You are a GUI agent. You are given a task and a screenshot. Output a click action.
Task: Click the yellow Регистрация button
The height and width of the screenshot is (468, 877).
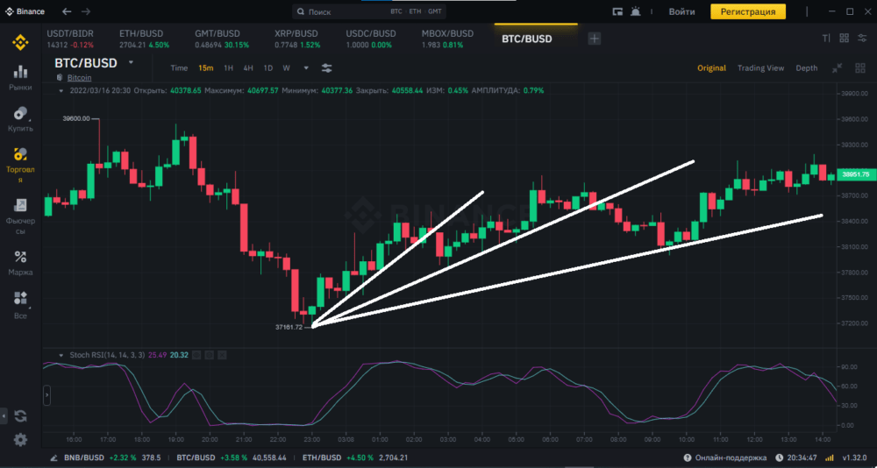[747, 11]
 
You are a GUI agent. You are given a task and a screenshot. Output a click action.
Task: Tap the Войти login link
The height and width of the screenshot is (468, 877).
[681, 11]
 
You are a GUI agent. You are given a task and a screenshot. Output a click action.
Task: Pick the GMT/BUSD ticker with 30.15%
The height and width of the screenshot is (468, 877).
[221, 39]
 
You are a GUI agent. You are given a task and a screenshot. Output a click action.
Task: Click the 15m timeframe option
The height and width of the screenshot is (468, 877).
[205, 67]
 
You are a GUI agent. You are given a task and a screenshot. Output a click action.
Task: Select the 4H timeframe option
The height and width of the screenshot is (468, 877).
[248, 67]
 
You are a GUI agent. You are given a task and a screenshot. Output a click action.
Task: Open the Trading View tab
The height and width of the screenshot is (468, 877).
[760, 67]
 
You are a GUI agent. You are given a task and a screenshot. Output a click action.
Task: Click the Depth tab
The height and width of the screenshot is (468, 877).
[806, 67]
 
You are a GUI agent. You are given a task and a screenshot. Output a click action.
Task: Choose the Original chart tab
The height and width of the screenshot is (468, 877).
[711, 67]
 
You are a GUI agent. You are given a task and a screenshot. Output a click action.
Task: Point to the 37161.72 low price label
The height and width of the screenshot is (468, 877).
[288, 327]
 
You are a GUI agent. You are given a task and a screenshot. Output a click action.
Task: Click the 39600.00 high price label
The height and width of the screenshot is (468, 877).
[76, 118]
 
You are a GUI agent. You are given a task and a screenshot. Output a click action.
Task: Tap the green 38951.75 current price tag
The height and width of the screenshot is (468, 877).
[854, 174]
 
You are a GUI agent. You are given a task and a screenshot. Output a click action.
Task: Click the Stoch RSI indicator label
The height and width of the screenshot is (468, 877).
[95, 355]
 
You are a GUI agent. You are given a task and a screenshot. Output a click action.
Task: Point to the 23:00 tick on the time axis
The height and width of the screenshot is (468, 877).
[309, 438]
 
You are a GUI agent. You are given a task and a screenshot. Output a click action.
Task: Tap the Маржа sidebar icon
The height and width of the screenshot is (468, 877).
[20, 262]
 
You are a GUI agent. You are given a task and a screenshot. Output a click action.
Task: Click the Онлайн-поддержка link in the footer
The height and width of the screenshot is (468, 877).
[729, 457]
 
